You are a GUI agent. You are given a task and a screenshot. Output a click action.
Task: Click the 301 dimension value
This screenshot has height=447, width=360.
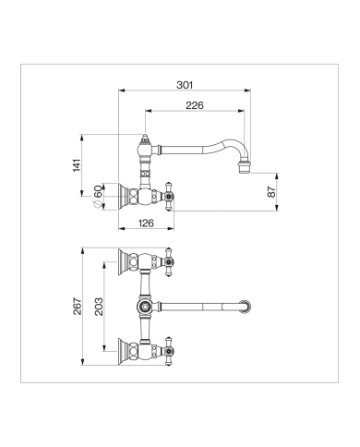[x=185, y=85]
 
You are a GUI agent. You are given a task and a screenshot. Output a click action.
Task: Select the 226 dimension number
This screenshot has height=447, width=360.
[x=195, y=105]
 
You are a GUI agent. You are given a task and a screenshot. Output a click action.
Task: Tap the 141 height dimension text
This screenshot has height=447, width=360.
[x=77, y=165]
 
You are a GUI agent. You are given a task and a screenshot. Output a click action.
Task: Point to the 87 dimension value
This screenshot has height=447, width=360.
[x=271, y=192]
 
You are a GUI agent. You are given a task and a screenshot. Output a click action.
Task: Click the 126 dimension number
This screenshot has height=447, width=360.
[x=146, y=223]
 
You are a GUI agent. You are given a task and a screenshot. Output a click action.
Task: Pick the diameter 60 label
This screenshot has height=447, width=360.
[x=97, y=196]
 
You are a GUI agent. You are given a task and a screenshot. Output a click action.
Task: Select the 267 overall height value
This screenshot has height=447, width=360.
[x=78, y=307]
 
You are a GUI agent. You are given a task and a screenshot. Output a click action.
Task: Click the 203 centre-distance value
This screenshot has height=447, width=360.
[x=99, y=307]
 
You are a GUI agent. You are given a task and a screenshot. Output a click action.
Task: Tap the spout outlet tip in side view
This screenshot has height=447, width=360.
[x=245, y=170]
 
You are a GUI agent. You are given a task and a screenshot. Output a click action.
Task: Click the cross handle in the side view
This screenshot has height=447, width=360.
[x=169, y=196]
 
